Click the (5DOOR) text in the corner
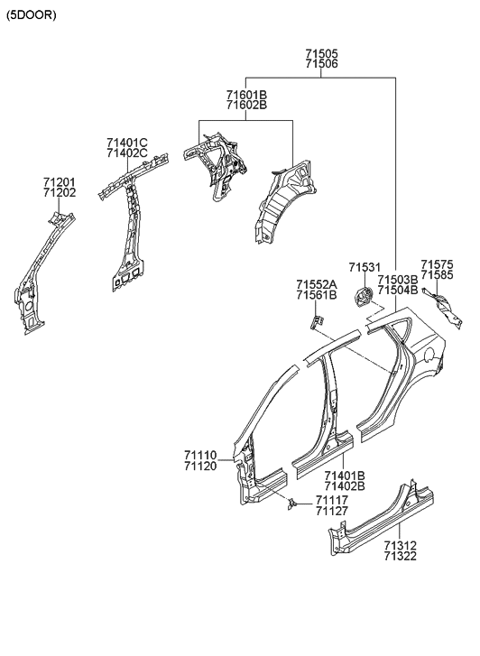click(32, 15)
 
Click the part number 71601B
click(246, 94)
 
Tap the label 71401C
click(126, 143)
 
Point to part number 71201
click(59, 181)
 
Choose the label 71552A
click(316, 284)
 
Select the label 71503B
click(397, 280)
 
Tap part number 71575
click(438, 263)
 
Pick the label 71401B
click(345, 476)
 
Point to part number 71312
click(399, 546)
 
